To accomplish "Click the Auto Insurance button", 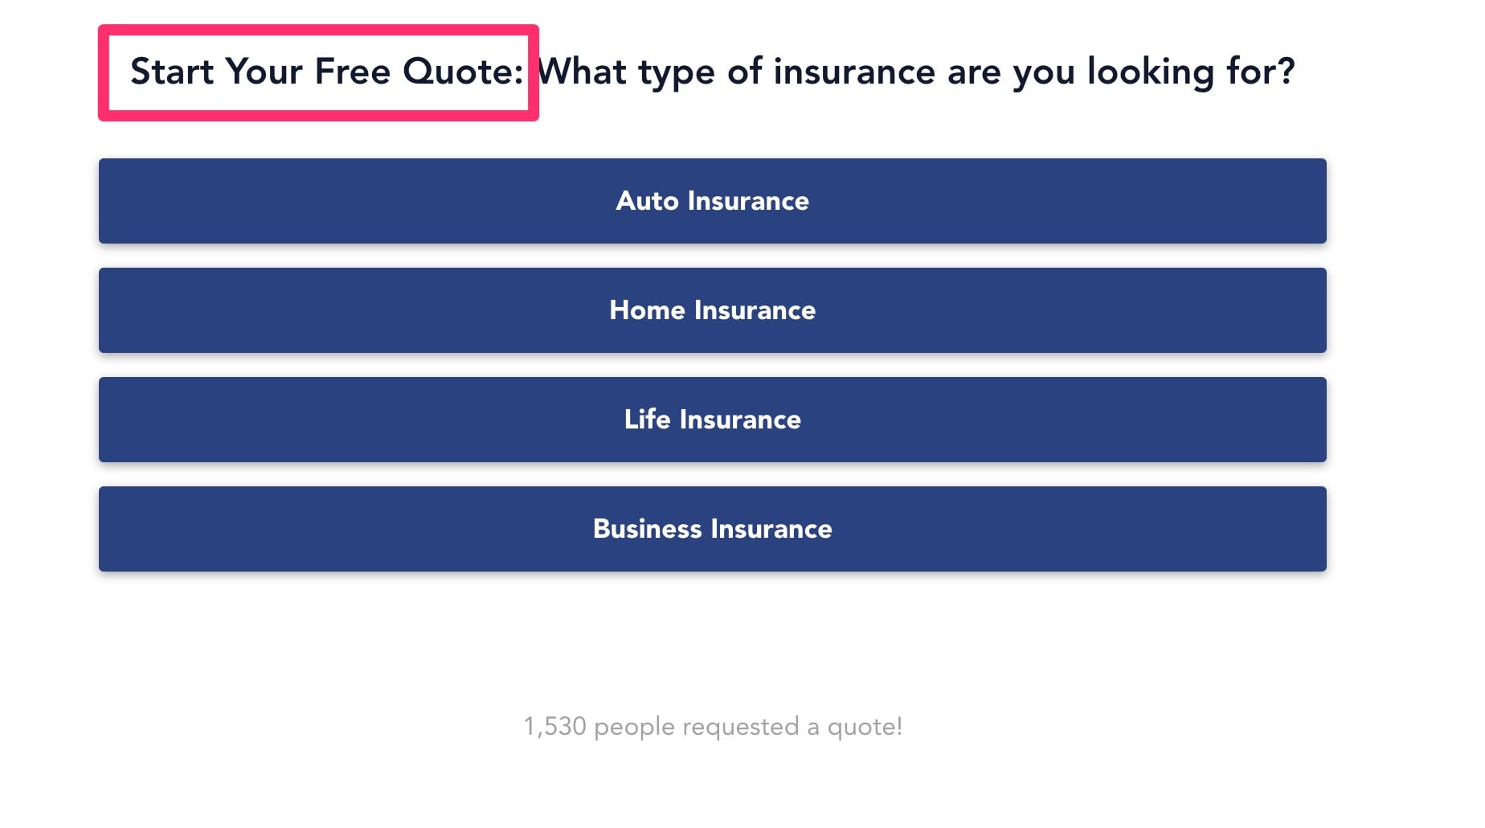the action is (712, 201).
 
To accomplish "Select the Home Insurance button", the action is (712, 310).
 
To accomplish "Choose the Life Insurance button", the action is (712, 420).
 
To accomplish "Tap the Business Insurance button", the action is (712, 529).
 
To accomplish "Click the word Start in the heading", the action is (172, 72).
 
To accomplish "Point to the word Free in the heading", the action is (353, 72).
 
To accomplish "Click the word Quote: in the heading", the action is (463, 72).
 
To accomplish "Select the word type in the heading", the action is (677, 74).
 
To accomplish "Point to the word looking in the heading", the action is (1151, 73).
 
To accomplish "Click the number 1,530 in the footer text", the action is (555, 727).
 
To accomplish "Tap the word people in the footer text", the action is (634, 728).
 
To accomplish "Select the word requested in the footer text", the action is (741, 728).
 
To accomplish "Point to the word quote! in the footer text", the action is (865, 728).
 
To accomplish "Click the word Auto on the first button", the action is (647, 201).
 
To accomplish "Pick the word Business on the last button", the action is (648, 529).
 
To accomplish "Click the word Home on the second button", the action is (647, 310).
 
